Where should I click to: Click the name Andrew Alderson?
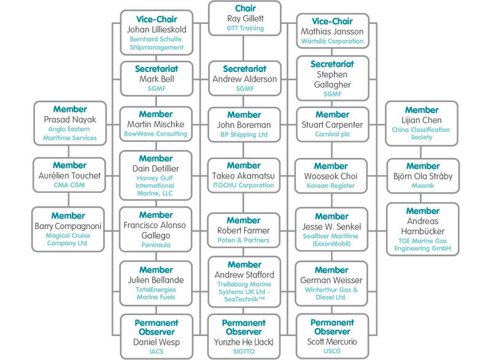pyautogui.click(x=245, y=79)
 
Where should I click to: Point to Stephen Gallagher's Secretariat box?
pyautogui.click(x=331, y=79)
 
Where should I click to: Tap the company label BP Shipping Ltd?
pyautogui.click(x=245, y=134)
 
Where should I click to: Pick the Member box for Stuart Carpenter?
pyautogui.click(x=331, y=125)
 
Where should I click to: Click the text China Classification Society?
pyautogui.click(x=421, y=134)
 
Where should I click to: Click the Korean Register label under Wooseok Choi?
pyautogui.click(x=331, y=184)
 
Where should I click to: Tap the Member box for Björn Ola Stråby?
pyautogui.click(x=421, y=174)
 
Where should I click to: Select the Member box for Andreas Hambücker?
pyautogui.click(x=421, y=229)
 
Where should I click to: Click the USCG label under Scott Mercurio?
pyautogui.click(x=331, y=352)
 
